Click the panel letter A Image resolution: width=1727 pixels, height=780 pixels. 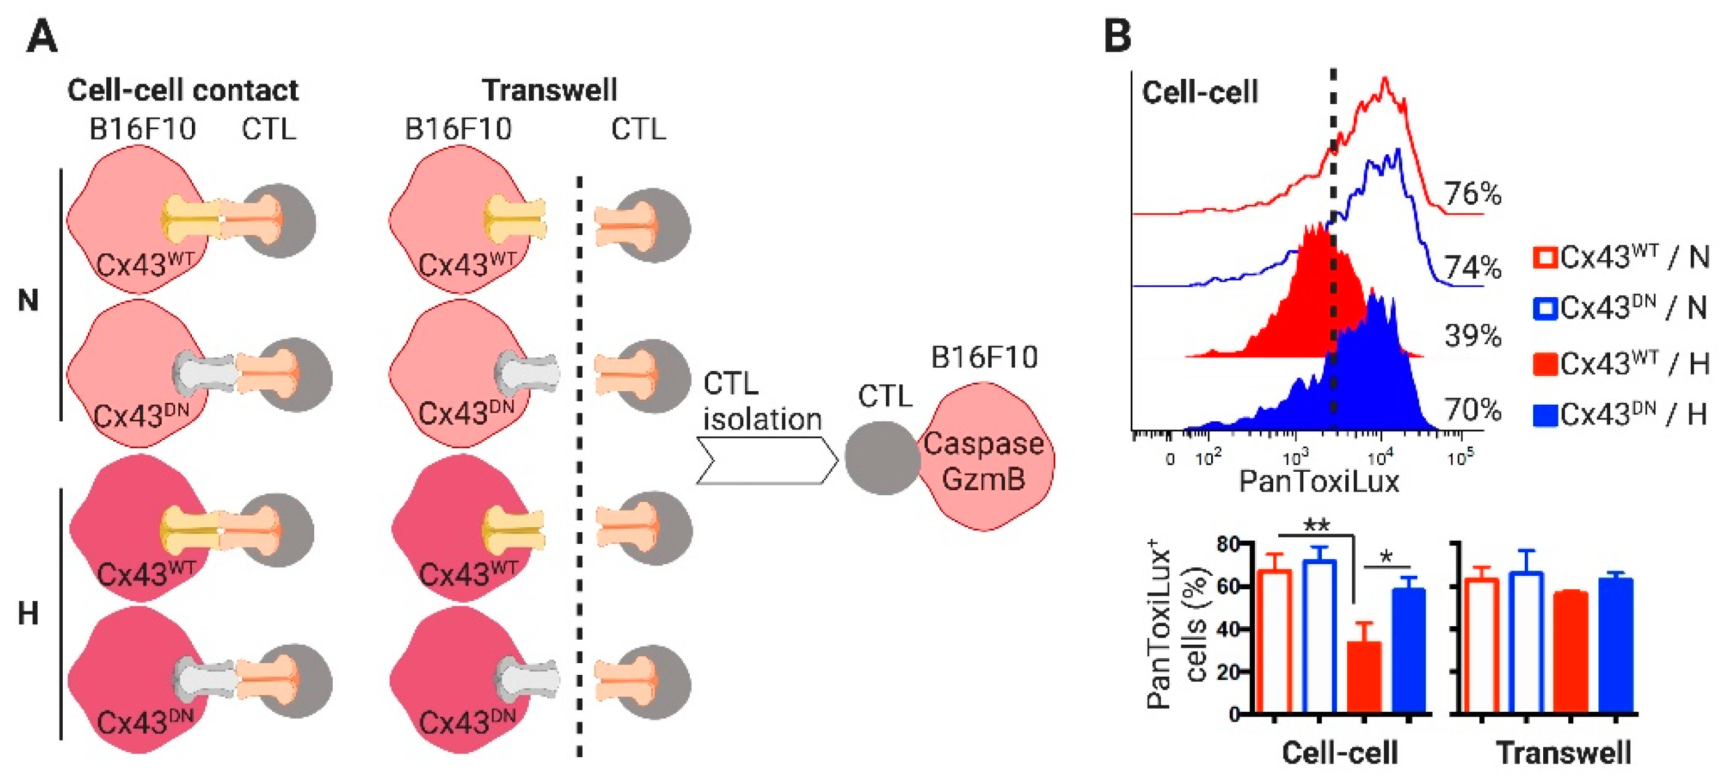(42, 36)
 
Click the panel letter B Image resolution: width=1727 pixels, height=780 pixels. (1117, 36)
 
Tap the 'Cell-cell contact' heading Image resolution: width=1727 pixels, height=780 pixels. (183, 90)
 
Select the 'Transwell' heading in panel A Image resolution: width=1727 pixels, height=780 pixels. (549, 90)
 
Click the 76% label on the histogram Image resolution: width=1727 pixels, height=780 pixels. (1472, 194)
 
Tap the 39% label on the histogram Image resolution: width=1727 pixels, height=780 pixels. (1472, 335)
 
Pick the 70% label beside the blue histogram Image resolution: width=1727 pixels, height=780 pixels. (1472, 409)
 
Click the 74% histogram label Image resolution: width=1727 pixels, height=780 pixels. (1472, 268)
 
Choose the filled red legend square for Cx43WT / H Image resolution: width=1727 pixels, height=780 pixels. (1544, 364)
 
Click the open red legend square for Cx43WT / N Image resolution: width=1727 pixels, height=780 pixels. (1544, 258)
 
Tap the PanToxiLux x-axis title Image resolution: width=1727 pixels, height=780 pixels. (1319, 482)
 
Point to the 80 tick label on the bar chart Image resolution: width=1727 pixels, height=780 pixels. (1228, 544)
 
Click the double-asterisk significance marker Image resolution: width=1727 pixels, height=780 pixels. (1316, 525)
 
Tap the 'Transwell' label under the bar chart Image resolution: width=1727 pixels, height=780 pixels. (1563, 752)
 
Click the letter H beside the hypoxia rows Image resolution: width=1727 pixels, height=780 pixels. (28, 614)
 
